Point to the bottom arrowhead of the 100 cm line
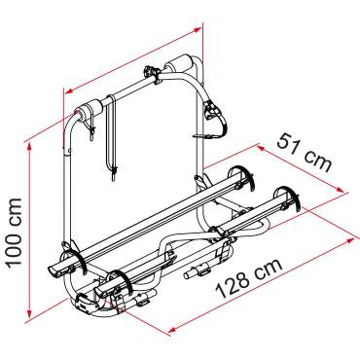30,314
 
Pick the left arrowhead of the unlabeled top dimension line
67,91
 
